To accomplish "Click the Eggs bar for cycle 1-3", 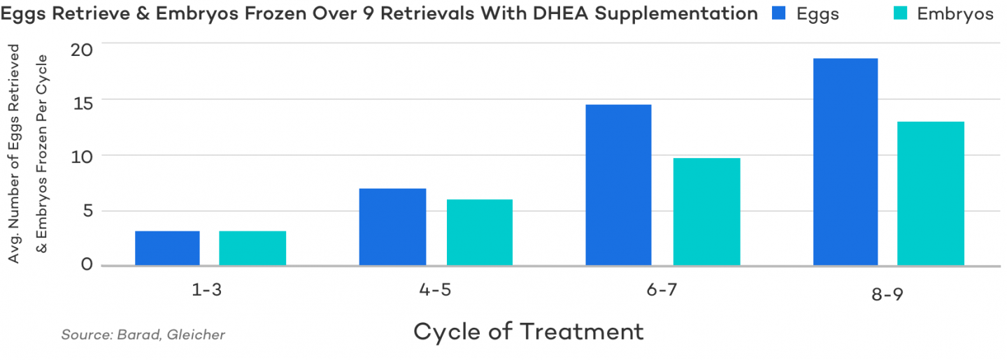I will coord(167,248).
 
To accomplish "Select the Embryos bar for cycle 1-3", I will coord(252,248).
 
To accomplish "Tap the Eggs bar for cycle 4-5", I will coord(392,227).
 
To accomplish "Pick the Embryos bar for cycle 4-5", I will coord(480,233).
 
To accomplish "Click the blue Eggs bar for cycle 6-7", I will coord(618,185).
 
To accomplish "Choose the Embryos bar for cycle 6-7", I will coord(706,212).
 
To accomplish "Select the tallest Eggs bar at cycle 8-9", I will coord(845,162).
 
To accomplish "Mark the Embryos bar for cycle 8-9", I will coord(931,194).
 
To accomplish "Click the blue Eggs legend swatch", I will coord(780,13).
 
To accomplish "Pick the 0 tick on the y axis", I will coord(87,264).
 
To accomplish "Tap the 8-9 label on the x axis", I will coord(887,294).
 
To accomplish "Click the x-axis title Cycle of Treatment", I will coord(528,331).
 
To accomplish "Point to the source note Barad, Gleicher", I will coord(143,335).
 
